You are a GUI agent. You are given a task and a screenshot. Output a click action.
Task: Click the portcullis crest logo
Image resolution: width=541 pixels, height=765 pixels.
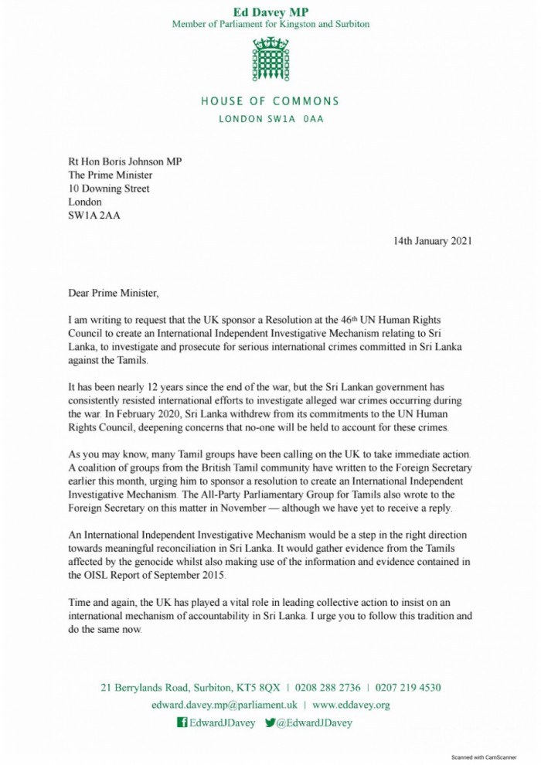[x=270, y=60]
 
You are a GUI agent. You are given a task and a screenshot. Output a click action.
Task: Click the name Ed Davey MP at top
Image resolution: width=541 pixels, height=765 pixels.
[x=270, y=11]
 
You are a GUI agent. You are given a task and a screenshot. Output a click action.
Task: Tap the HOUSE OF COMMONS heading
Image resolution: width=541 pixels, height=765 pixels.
[x=270, y=101]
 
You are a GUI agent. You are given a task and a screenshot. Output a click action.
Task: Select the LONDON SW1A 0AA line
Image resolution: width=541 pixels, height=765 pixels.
[x=270, y=119]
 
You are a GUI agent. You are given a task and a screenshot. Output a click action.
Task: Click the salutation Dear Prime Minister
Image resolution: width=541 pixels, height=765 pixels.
[x=113, y=293]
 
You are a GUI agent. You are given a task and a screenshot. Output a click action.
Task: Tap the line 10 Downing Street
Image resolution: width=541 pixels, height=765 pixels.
[x=109, y=189]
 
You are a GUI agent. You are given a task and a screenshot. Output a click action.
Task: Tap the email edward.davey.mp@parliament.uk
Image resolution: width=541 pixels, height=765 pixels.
[x=225, y=705]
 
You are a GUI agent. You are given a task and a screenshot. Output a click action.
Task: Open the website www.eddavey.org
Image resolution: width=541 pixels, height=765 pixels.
[x=351, y=705]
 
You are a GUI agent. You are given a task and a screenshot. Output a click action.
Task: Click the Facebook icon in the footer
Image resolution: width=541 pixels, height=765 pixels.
[x=182, y=723]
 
